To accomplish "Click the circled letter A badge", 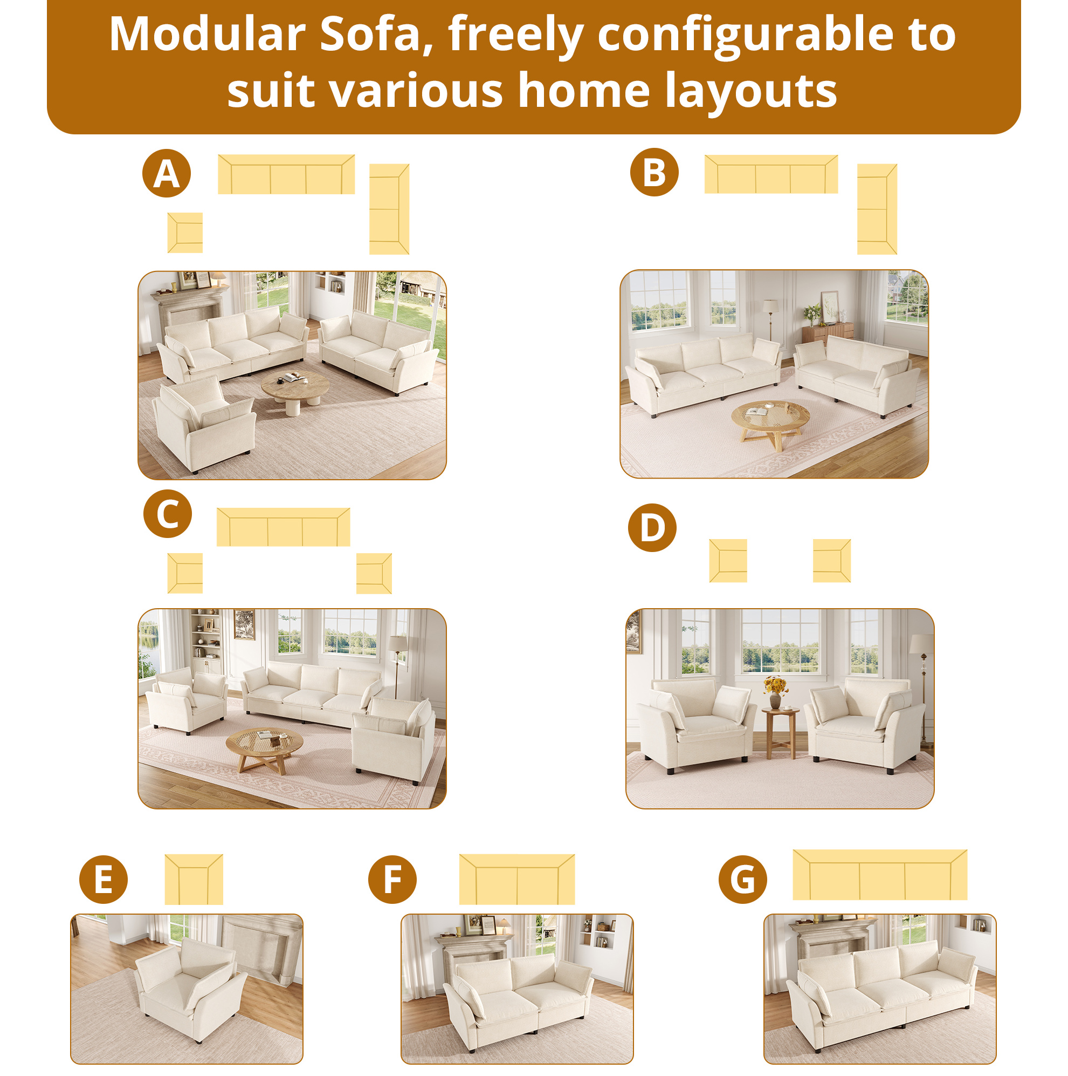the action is pos(167,173).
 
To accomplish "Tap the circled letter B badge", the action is pos(654,172).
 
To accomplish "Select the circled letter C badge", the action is pos(168,514).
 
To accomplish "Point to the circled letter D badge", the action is pos(652,527).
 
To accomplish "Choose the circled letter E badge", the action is pos(104,880).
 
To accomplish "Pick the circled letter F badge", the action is pos(392,880).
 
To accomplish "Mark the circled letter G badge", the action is pos(742,880).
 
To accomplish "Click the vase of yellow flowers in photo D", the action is pos(775,691).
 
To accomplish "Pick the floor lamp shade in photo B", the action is pos(770,306).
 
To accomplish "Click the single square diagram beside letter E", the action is pos(194,880).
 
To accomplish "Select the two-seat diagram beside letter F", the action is pos(516,880).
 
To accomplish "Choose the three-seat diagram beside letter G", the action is pos(880,875).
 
